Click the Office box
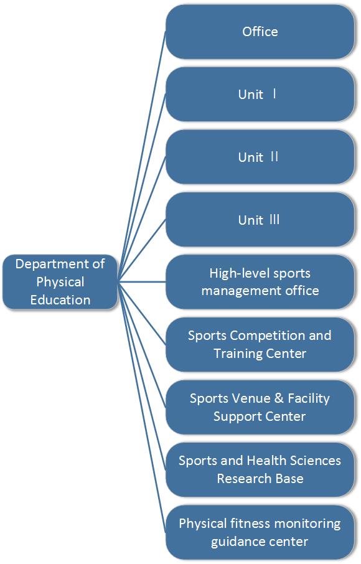260,32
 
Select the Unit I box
260,94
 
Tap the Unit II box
260,157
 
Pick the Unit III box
260,219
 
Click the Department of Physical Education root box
60,282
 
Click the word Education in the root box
60,299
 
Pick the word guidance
234,542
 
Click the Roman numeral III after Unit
274,219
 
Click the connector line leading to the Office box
142,157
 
